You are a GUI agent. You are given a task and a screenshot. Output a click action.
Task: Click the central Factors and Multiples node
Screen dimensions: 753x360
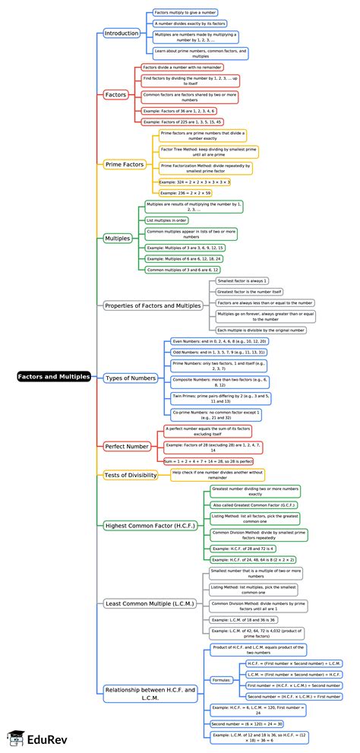pyautogui.click(x=54, y=376)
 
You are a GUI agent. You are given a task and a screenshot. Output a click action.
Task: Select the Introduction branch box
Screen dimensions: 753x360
pyautogui.click(x=122, y=33)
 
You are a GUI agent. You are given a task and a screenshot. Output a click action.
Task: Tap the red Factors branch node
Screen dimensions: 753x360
pyautogui.click(x=115, y=95)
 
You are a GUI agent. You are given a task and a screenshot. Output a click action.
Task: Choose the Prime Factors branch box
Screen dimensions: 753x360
pyautogui.click(x=125, y=164)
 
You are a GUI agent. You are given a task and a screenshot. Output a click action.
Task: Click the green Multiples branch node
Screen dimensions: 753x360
pyautogui.click(x=117, y=238)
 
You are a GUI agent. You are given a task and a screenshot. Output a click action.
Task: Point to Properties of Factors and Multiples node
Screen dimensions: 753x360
pyautogui.click(x=153, y=305)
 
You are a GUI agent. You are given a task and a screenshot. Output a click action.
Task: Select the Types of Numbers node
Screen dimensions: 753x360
pyautogui.click(x=131, y=378)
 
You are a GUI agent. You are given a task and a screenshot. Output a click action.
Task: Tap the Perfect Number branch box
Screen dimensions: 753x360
pyautogui.click(x=127, y=446)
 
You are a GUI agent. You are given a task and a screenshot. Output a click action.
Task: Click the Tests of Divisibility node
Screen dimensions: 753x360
pyautogui.click(x=131, y=475)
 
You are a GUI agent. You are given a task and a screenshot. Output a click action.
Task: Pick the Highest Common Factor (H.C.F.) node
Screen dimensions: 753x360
pyautogui.click(x=150, y=525)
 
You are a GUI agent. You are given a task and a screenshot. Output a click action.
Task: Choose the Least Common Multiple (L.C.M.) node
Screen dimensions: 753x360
pyautogui.click(x=150, y=603)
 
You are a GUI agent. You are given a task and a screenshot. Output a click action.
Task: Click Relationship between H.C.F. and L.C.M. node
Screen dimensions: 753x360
pyautogui.click(x=150, y=693)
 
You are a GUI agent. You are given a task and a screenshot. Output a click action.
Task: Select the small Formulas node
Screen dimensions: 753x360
pyautogui.click(x=222, y=680)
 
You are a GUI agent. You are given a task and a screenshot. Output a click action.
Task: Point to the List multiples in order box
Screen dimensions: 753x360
pyautogui.click(x=166, y=220)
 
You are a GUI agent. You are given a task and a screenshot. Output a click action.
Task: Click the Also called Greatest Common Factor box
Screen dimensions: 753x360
pyautogui.click(x=243, y=505)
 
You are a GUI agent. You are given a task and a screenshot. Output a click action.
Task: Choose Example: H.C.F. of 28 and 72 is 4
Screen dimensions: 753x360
pyautogui.click(x=242, y=548)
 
